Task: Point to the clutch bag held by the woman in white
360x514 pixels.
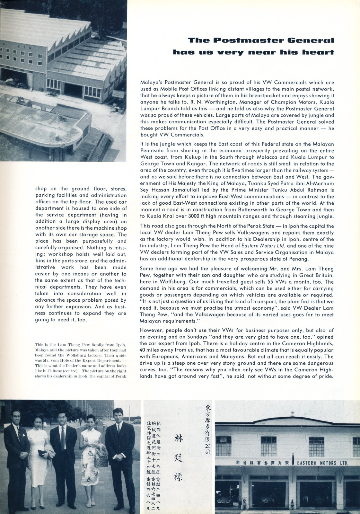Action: pos(42,453)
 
